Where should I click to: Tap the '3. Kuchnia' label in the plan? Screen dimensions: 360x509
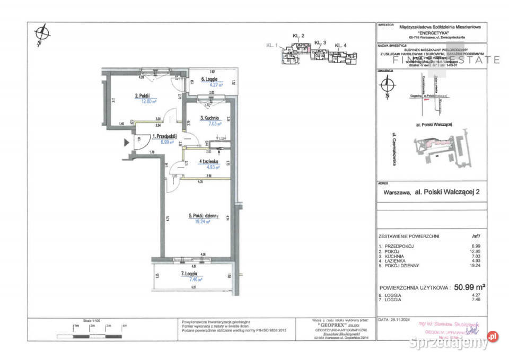tap(210, 118)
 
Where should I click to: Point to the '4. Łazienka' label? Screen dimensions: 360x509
tap(211, 162)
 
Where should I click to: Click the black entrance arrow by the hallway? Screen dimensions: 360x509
tap(126, 142)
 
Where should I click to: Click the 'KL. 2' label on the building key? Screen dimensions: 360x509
tap(299, 36)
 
